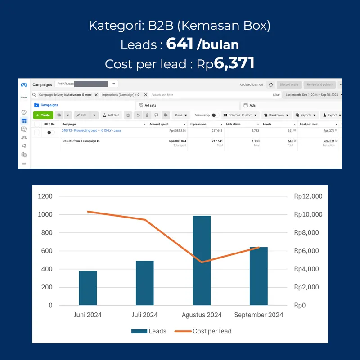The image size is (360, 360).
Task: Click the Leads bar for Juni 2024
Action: click(88, 288)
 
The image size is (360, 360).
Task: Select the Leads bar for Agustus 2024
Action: click(202, 261)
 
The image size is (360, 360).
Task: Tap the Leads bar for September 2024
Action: click(259, 276)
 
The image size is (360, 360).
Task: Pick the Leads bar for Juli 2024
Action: click(145, 283)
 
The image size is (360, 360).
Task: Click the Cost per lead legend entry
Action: click(203, 331)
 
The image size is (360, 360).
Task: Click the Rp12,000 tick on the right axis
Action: click(308, 196)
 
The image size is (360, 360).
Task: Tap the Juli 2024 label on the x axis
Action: click(145, 315)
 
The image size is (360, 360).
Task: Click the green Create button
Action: click(43, 115)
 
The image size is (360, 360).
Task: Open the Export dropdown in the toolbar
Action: click(332, 115)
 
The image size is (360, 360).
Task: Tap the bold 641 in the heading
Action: click(180, 44)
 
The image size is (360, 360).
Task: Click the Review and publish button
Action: click(319, 84)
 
